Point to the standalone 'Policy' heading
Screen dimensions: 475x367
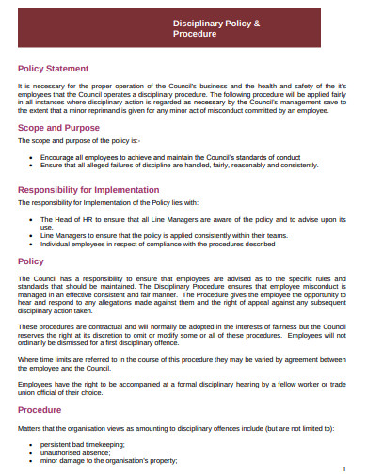[x=31, y=261]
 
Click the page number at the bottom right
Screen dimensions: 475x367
[x=345, y=467]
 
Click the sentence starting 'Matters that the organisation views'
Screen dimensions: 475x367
[x=175, y=428]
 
